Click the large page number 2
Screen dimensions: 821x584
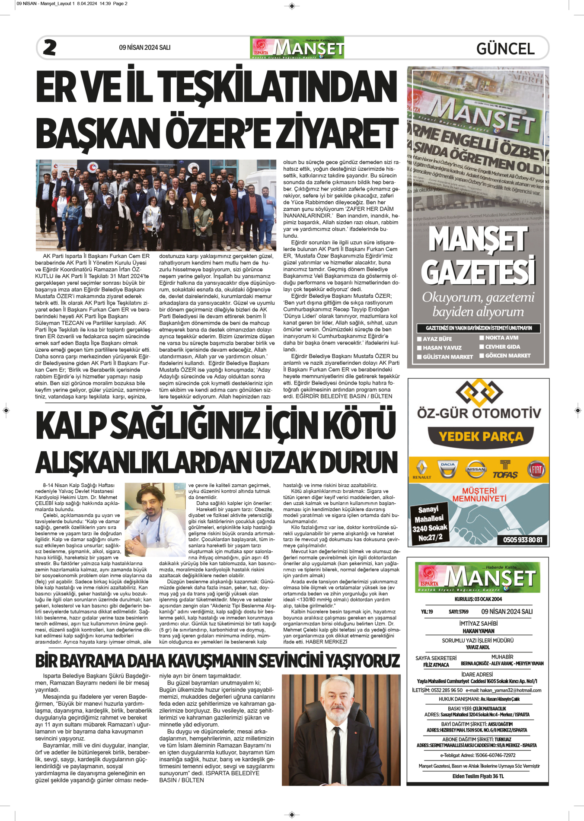tap(50, 48)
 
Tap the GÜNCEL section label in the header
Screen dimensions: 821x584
tap(505, 48)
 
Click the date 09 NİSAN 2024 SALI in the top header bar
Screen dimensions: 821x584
tap(145, 48)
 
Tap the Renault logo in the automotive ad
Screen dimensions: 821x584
tap(421, 469)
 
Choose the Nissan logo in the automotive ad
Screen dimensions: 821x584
tap(476, 469)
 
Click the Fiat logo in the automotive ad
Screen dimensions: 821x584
tap(536, 469)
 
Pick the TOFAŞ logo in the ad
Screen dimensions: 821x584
tap(505, 470)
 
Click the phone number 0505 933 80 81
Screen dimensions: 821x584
tap(523, 540)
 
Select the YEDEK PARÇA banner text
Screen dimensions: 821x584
tap(481, 436)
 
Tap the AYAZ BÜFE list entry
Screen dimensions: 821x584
tap(437, 339)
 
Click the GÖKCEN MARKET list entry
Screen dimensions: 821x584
tap(507, 356)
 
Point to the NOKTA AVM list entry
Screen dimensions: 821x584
tap(501, 338)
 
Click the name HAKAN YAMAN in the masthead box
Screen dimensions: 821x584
tap(478, 631)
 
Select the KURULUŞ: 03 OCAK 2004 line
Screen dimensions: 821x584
tap(478, 599)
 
